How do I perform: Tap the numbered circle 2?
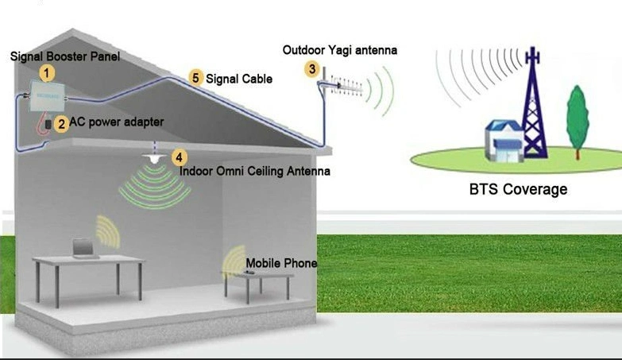click(61, 124)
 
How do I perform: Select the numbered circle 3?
click(312, 69)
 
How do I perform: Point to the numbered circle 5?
click(195, 78)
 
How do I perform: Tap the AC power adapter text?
click(116, 122)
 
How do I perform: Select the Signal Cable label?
click(239, 79)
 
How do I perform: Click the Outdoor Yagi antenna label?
click(339, 51)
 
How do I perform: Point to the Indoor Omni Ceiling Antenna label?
click(254, 171)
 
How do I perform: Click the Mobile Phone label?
click(281, 263)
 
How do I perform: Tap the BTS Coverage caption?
click(518, 189)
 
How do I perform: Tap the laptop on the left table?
click(83, 249)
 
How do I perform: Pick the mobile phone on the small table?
click(249, 273)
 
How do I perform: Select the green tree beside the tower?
click(578, 115)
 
